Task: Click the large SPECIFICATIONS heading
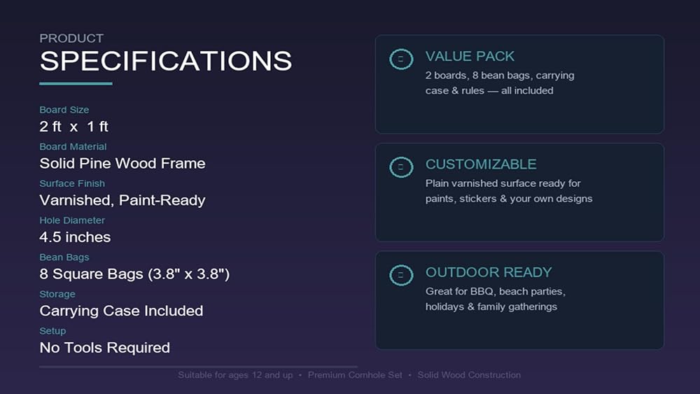tap(166, 61)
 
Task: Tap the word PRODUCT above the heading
tap(71, 38)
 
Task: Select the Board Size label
tap(64, 110)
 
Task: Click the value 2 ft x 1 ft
tap(74, 127)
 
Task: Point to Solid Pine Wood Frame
tap(122, 163)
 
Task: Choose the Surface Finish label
tap(72, 183)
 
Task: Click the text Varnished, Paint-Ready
tap(122, 200)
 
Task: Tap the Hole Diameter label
tap(72, 220)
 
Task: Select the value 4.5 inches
tap(75, 237)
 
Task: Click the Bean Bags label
tap(64, 258)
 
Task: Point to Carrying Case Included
tap(121, 311)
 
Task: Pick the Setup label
tap(52, 331)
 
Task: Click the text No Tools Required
tap(105, 348)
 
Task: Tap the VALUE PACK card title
tap(470, 56)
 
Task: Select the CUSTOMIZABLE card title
tap(481, 164)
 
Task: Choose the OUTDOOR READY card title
tap(489, 272)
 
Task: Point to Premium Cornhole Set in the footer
tap(355, 375)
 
